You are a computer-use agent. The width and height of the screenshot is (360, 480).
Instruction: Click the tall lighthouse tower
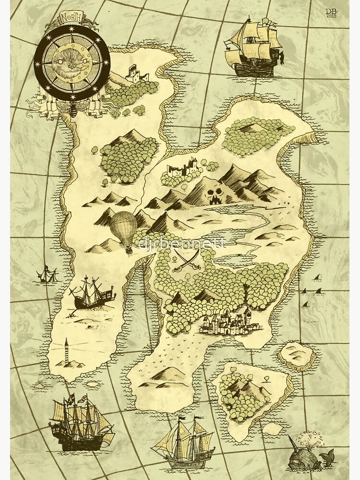(x=66, y=353)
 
